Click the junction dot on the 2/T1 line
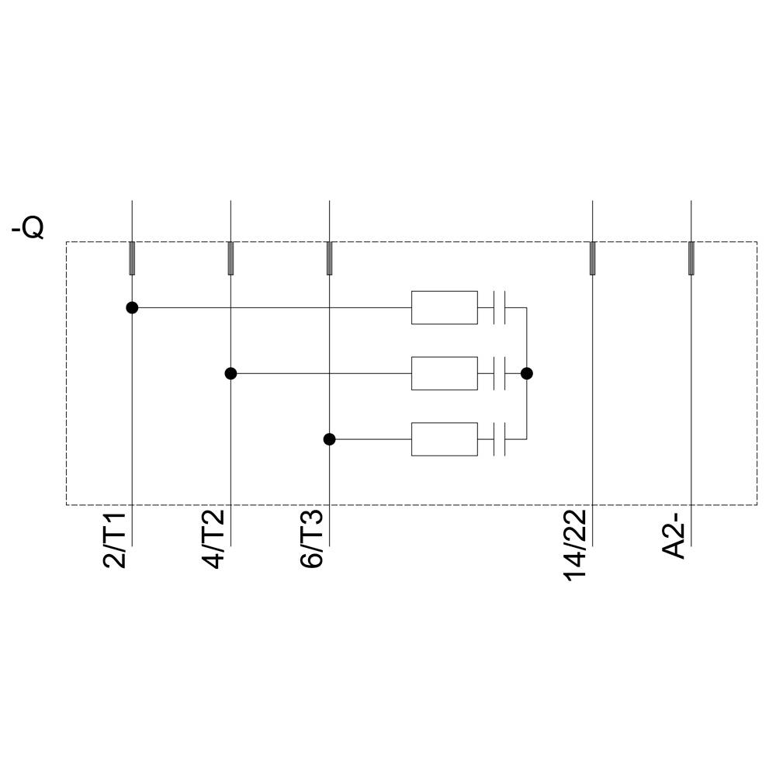pos(132,308)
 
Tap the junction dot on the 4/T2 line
pos(230,373)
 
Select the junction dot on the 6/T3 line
pos(329,439)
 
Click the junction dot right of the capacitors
pos(527,373)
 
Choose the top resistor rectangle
pos(444,308)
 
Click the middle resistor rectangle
pos(444,373)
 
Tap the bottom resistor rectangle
pos(444,439)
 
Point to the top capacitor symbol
pos(500,308)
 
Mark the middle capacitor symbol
pos(500,373)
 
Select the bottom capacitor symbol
pos(500,439)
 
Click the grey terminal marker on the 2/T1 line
pos(132,258)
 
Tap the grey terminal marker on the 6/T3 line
pos(329,258)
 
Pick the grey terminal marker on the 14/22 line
pos(592,258)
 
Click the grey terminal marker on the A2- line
pos(691,258)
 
